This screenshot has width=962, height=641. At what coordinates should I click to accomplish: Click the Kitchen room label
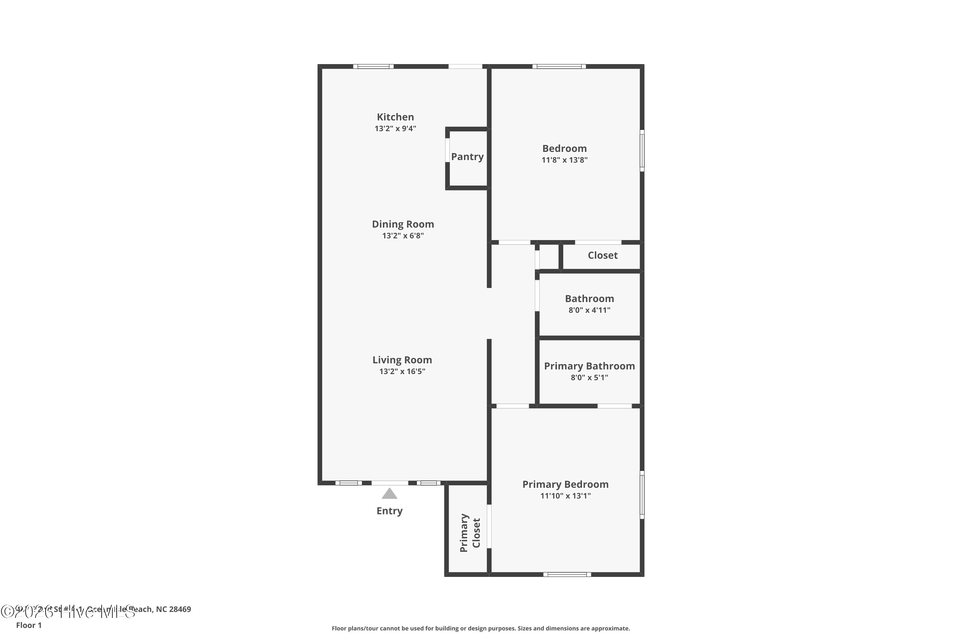click(x=395, y=117)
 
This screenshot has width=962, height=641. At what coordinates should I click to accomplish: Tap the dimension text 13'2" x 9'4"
click(x=395, y=129)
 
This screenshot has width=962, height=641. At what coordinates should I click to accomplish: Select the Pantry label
click(x=467, y=157)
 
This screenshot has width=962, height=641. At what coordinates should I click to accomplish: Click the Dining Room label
click(x=402, y=224)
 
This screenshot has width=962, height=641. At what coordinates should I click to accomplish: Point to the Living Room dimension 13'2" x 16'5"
click(x=402, y=371)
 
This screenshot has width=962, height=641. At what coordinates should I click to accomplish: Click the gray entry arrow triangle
click(x=389, y=494)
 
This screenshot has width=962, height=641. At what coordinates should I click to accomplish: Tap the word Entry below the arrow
click(x=389, y=511)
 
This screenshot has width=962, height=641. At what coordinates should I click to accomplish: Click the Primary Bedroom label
click(x=565, y=484)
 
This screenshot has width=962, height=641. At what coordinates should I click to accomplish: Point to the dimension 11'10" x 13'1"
click(x=565, y=496)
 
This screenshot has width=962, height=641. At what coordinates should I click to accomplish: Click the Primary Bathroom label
click(x=589, y=366)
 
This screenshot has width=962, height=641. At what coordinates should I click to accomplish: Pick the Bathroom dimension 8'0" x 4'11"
click(x=589, y=310)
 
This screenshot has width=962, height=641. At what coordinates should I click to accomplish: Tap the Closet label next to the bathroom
click(x=603, y=255)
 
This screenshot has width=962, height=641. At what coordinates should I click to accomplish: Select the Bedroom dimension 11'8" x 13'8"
click(x=564, y=160)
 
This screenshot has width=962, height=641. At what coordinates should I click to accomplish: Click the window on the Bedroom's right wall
click(x=642, y=150)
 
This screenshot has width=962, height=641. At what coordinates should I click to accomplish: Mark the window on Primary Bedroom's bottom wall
click(x=567, y=574)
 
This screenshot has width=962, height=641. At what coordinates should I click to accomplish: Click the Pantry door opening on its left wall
click(x=447, y=150)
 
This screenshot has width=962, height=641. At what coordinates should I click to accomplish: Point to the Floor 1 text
click(x=29, y=625)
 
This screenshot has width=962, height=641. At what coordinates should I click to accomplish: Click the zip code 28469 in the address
click(x=180, y=609)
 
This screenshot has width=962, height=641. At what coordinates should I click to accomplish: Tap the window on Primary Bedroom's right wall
click(x=642, y=495)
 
